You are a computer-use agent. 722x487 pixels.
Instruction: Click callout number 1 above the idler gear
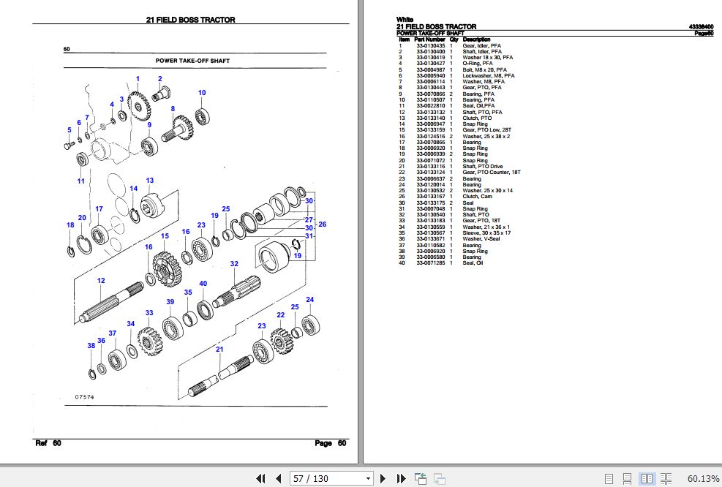[138, 79]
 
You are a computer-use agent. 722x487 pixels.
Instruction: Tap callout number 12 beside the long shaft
[101, 281]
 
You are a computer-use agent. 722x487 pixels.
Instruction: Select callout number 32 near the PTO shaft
[234, 264]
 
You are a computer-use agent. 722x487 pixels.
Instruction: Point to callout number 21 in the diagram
[219, 350]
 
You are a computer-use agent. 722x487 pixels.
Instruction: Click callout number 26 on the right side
[322, 224]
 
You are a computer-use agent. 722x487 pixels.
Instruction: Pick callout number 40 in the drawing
[203, 284]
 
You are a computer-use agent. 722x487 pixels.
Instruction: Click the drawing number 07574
[84, 396]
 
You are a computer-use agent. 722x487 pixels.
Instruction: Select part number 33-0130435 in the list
[431, 45]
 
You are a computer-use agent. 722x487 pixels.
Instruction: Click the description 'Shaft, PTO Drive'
[483, 167]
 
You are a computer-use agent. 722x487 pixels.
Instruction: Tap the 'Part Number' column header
[430, 39]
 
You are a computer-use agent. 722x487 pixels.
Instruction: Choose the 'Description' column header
[477, 39]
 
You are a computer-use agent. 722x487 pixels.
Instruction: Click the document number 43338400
[701, 26]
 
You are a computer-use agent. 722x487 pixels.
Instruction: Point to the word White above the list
[405, 19]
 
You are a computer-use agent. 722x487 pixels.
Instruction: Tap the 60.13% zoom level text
[703, 478]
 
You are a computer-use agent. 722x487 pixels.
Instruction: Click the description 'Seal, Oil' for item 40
[473, 263]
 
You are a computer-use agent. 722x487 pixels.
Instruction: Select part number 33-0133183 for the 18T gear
[431, 220]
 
